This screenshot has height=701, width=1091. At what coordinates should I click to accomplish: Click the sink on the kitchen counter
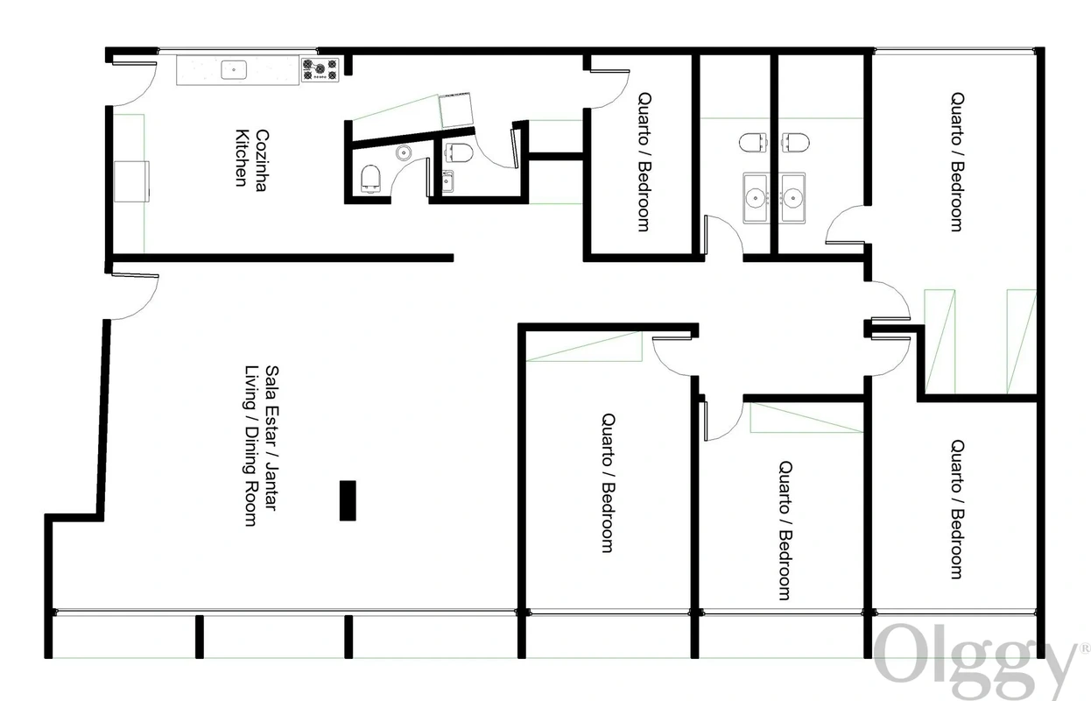point(234,70)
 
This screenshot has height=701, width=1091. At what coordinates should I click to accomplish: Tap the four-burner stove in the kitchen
point(320,69)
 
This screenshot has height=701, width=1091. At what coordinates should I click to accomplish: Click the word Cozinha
point(262,159)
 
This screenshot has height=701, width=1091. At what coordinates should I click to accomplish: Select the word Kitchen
point(242,158)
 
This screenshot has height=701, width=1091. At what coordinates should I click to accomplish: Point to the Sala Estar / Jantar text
point(271,438)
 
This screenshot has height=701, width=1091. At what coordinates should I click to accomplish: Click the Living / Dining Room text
point(250,445)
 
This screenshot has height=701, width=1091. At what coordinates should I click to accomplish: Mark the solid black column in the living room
point(348,500)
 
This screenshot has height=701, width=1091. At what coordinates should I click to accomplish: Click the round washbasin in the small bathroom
point(404,152)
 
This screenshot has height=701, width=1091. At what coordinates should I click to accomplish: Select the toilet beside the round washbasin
point(370,179)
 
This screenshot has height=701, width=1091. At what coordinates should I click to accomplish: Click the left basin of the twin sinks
point(756,198)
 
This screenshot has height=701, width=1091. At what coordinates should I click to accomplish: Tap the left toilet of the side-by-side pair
point(753,142)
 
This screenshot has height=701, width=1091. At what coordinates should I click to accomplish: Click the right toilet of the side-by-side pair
point(795,142)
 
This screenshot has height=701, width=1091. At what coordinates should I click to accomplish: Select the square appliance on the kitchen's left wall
point(131,181)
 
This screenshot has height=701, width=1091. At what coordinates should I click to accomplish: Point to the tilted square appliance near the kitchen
point(456,110)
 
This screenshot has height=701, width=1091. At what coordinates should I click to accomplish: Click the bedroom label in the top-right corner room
point(958,162)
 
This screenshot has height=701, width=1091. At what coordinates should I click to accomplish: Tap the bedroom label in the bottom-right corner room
point(958,509)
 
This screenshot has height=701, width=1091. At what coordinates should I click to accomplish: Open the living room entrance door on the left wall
point(135,296)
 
